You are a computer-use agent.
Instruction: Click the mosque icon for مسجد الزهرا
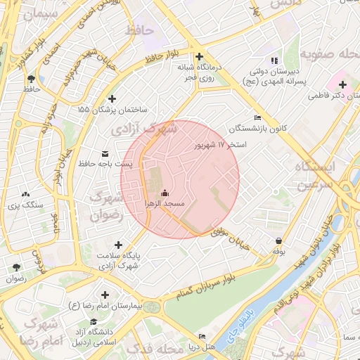tap(165, 193)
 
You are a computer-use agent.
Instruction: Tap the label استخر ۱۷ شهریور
tap(221, 145)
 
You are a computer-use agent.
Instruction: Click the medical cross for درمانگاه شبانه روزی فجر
tap(200, 57)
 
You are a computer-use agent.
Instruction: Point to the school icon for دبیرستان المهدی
tap(274, 60)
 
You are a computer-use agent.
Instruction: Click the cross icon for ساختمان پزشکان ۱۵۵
tap(112, 99)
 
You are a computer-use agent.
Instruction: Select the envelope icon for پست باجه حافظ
tap(105, 153)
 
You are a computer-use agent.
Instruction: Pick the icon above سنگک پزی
tap(26, 194)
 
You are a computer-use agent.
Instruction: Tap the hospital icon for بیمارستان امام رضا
tap(105, 295)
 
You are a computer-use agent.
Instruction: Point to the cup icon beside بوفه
tap(279, 240)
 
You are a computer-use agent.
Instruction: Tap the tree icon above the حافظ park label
tap(31, 79)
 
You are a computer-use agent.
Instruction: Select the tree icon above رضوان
tap(15, 267)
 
